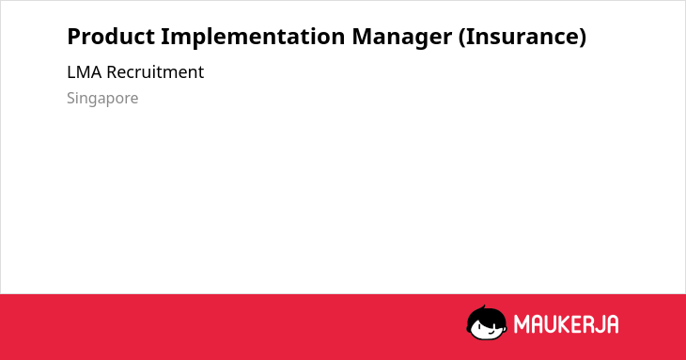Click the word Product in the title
click(111, 37)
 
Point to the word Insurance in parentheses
click(522, 37)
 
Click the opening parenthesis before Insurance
click(462, 38)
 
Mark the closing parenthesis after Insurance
click(583, 38)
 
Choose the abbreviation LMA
click(85, 72)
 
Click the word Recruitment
click(155, 72)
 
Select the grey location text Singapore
click(102, 99)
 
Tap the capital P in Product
click(73, 37)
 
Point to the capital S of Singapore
click(71, 98)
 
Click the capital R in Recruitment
click(112, 72)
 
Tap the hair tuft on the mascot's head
click(483, 308)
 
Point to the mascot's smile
click(491, 332)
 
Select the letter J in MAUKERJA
click(596, 324)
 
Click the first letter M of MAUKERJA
click(521, 324)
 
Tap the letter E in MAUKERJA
click(578, 324)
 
